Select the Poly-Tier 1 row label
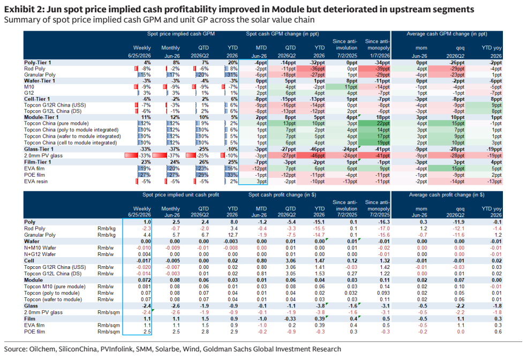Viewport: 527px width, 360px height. pyautogui.click(x=37, y=63)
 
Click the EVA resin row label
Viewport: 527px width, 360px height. pyautogui.click(x=36, y=182)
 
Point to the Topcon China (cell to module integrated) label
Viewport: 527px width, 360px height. pyautogui.click(x=71, y=142)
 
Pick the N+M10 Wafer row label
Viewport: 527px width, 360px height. pyautogui.click(x=40, y=247)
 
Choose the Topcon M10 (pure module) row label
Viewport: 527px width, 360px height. pyautogui.click(x=55, y=287)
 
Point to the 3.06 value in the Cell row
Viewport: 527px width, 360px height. pyautogui.click(x=290, y=261)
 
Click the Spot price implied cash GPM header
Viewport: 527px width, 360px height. pyautogui.click(x=181, y=34)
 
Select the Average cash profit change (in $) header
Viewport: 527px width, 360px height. pyautogui.click(x=447, y=195)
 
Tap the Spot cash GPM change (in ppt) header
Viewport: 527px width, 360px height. pyautogui.click(x=282, y=34)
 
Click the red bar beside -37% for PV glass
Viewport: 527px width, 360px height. pyautogui.click(x=160, y=156)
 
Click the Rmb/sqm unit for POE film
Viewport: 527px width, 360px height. pyautogui.click(x=109, y=332)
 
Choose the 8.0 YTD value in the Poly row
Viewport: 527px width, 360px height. pyautogui.click(x=234, y=222)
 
